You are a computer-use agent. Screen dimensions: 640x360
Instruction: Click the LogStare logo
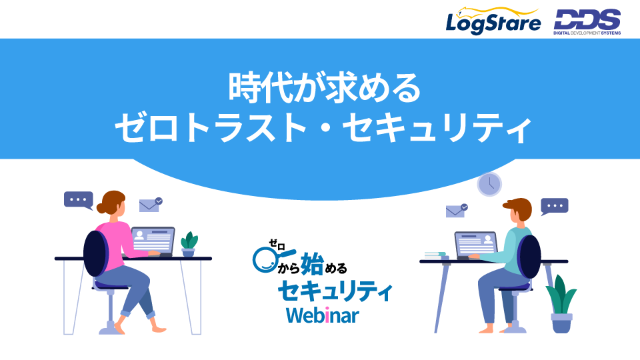click(x=493, y=21)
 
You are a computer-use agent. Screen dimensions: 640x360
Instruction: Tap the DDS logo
click(x=587, y=23)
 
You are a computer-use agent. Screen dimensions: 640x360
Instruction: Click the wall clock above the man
click(x=489, y=184)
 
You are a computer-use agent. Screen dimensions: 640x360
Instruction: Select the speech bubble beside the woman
click(x=79, y=201)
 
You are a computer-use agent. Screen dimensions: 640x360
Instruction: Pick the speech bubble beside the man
click(x=554, y=207)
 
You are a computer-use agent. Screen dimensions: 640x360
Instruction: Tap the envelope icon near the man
click(x=457, y=211)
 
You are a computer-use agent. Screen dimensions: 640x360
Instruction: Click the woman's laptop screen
click(x=153, y=241)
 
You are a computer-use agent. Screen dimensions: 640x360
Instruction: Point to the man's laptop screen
click(x=476, y=244)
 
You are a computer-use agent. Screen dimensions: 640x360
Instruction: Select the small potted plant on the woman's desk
click(x=189, y=244)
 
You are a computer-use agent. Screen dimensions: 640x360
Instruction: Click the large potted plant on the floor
click(x=561, y=304)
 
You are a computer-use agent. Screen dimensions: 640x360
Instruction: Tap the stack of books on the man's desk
click(x=435, y=255)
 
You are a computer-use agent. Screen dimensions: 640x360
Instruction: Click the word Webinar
click(x=323, y=315)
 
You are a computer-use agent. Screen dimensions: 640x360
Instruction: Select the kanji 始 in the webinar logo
click(x=312, y=264)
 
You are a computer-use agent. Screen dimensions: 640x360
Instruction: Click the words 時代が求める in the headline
click(x=325, y=87)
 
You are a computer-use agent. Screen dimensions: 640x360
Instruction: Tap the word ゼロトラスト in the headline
click(x=210, y=128)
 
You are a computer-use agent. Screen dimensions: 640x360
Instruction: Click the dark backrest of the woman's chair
click(x=96, y=253)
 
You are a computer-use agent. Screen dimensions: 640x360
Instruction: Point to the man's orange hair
click(x=519, y=207)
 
